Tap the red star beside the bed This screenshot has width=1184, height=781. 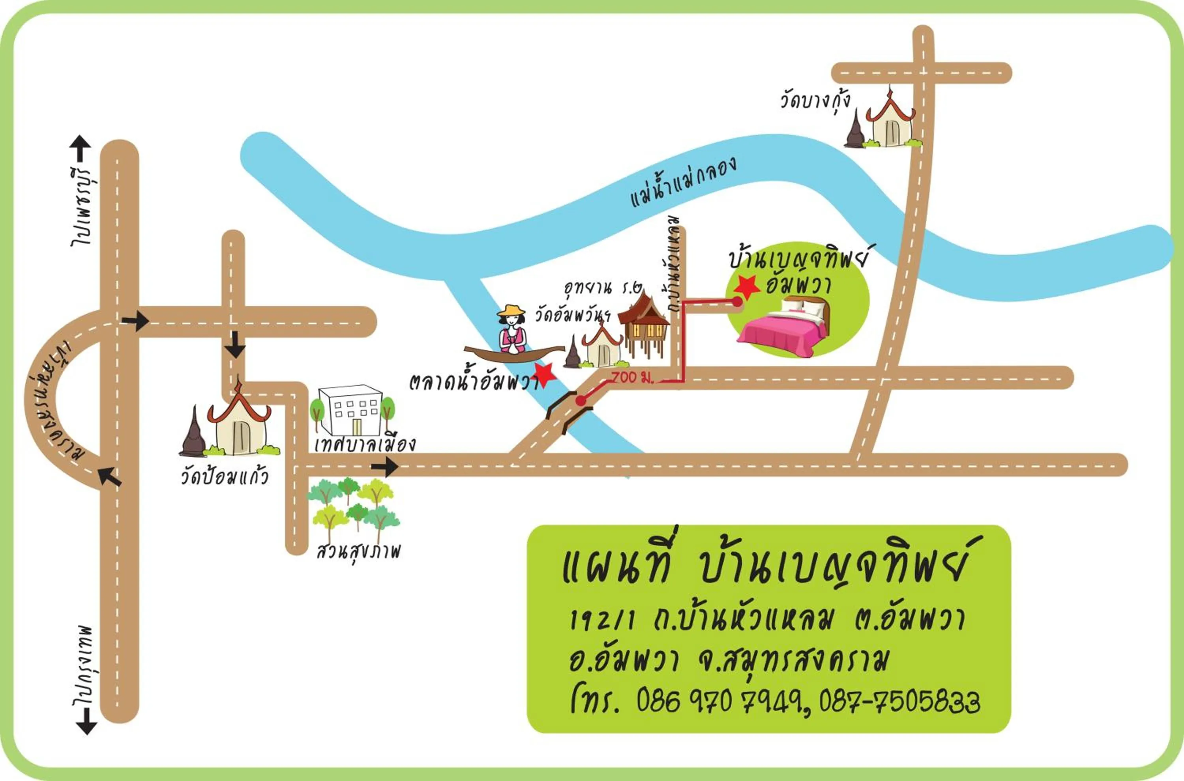(x=747, y=286)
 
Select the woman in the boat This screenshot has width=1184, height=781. (x=512, y=331)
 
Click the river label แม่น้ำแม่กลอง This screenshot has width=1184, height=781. (x=683, y=182)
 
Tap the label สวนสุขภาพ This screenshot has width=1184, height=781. (x=358, y=551)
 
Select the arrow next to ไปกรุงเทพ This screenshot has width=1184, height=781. (x=86, y=721)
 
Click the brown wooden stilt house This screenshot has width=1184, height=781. (x=643, y=324)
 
